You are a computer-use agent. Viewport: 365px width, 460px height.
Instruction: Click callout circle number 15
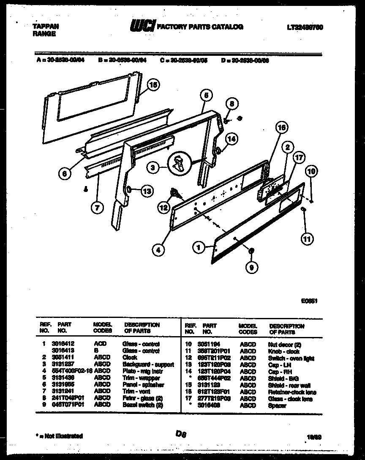pos(153,85)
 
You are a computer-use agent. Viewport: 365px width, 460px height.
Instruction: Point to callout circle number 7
pos(98,207)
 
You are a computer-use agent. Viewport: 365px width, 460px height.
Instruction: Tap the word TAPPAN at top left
pos(46,26)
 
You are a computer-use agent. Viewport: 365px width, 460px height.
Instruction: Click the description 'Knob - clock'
pos(283,351)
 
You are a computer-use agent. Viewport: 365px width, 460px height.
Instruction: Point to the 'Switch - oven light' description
pos(291,359)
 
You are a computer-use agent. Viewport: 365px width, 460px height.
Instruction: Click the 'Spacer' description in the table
pos(277,405)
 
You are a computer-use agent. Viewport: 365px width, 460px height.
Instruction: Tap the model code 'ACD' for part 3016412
pos(100,344)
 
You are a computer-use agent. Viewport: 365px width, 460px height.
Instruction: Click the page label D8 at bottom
pos(181,433)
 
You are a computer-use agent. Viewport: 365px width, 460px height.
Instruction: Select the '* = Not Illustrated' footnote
pos(57,435)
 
